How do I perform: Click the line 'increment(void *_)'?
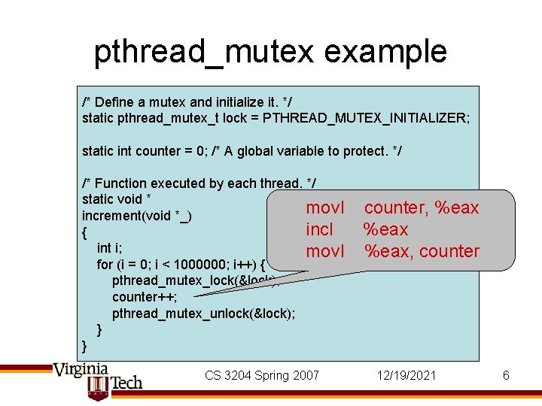point(136,216)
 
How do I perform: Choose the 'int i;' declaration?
point(110,248)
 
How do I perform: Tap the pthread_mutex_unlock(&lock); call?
point(203,314)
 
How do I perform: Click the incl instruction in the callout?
point(319,229)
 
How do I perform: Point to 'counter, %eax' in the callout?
point(421,208)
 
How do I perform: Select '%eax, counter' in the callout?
point(421,251)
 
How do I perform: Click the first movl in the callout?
point(325,208)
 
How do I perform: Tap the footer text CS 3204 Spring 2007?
point(261,375)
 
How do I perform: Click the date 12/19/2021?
point(406,375)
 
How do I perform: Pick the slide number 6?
point(506,375)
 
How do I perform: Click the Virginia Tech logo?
point(96,380)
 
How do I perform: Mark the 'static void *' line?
point(117,199)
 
